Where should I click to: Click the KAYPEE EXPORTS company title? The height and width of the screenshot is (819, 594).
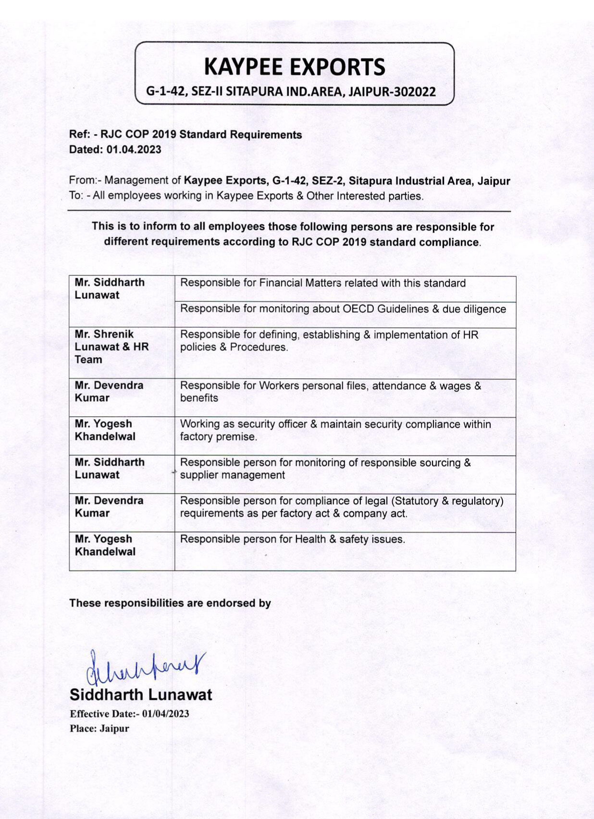coord(294,67)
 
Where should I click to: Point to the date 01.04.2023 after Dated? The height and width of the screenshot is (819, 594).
coord(134,149)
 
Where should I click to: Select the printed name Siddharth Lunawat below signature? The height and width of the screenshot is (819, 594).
coord(140,695)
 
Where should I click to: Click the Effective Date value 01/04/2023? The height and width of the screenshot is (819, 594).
coord(165,714)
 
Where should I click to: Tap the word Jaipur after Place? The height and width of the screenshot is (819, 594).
coord(114,729)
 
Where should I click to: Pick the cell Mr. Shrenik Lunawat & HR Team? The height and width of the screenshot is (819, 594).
coord(111,347)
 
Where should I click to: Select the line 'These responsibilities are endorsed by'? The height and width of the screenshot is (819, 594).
coord(170,603)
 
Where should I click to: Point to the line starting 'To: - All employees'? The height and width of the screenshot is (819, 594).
coord(246,196)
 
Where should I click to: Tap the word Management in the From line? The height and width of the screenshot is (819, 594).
coord(136,181)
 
